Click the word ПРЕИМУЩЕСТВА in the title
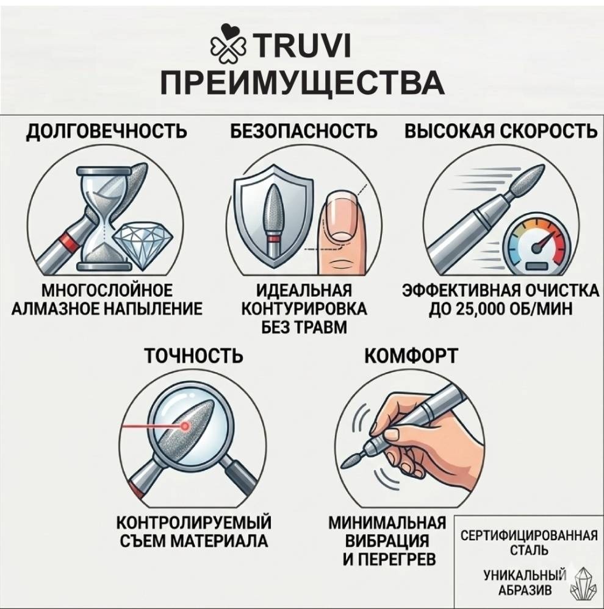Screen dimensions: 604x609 pos(302,83)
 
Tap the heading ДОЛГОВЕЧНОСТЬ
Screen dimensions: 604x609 pos(107,131)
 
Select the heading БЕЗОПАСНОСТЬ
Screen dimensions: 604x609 pos(303,131)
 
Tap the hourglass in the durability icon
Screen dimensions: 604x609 pos(103,218)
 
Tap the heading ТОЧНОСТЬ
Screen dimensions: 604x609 pos(193,355)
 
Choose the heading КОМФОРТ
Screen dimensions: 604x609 pos(411,355)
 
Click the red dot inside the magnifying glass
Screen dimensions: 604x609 pos(185,427)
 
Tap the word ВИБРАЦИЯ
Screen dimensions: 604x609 pos(387,541)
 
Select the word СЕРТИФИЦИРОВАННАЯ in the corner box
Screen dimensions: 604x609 pos(529,536)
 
